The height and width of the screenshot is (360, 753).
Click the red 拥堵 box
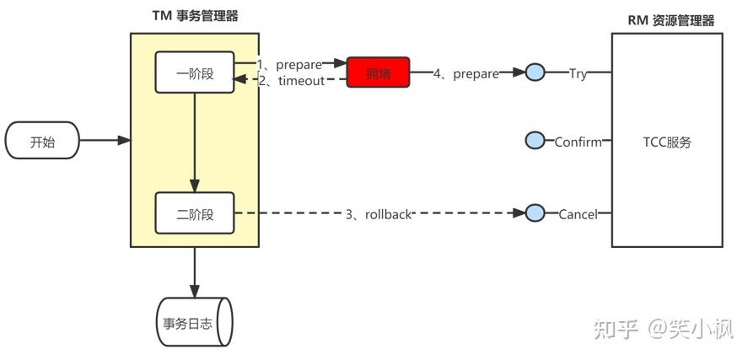coord(378,73)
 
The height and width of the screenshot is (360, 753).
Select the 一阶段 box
coord(195,73)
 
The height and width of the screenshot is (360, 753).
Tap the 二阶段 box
coord(195,214)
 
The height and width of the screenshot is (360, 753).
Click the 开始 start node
coord(42,141)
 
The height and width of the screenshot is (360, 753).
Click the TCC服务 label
coord(666,142)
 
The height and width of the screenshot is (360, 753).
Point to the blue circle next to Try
coord(535,73)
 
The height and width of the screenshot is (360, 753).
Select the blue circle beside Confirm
coord(535,142)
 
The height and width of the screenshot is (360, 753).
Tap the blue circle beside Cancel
coord(535,214)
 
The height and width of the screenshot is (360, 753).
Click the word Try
coord(578,73)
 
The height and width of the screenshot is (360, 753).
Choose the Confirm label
coord(578,142)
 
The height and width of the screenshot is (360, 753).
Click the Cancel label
coord(578,214)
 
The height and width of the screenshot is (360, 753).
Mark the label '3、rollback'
coord(378,214)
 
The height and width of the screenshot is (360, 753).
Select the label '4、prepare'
coord(465,73)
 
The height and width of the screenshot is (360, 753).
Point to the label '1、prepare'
coord(289,64)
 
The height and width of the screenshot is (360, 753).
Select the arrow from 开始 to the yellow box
coord(105,141)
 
